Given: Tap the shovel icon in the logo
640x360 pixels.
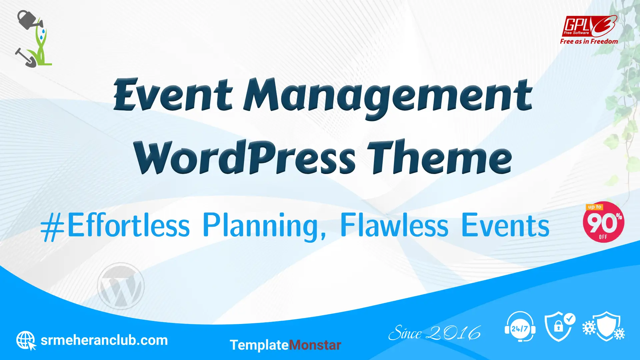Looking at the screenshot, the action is point(26,58).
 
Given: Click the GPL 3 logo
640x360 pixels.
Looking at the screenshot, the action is point(589,26).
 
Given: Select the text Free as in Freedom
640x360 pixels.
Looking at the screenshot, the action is point(589,41).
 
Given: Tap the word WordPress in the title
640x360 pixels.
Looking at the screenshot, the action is point(245,157).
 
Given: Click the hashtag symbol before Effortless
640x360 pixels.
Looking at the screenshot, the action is point(53,227).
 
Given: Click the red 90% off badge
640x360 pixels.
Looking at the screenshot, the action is point(603,222).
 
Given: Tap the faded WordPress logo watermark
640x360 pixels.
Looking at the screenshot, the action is point(121,286).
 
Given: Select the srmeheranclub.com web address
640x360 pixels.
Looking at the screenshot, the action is point(104,340).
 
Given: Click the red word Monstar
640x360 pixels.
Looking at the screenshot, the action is point(315,345).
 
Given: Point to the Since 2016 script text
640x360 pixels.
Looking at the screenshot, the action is point(435,333).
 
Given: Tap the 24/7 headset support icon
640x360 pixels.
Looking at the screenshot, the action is point(520,327).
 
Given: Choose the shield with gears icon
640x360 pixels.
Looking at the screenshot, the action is point(604,327).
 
